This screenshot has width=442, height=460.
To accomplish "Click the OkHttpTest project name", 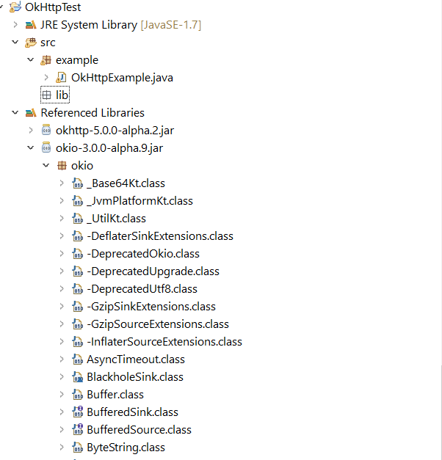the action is point(53,7).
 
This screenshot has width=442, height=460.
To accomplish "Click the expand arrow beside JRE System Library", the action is point(15,25).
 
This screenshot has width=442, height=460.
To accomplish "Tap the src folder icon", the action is point(31,43).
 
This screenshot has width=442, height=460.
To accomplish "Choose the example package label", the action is point(77,60).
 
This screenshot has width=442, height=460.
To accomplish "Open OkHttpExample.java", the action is point(122,78).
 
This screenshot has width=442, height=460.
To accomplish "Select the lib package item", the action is point(62,95).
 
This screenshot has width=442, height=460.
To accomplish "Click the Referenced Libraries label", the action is point(93,113).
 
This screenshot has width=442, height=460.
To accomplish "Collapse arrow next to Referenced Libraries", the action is point(15,113).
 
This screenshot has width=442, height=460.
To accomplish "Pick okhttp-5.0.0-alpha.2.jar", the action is point(115,131).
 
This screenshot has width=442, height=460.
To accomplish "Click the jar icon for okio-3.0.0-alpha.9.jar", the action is point(46,147).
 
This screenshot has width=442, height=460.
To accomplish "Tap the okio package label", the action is point(82,166).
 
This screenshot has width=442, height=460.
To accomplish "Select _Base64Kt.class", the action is point(126,183).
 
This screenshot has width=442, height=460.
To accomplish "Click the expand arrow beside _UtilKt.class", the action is point(62,219).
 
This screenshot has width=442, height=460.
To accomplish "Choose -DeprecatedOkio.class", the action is point(143,254).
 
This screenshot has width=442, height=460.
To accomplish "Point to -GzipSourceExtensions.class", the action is point(158,324).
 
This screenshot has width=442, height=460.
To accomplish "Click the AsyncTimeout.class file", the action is point(136,359).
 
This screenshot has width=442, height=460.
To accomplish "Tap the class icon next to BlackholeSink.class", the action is point(78,377).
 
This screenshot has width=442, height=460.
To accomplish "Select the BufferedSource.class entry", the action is point(139,430).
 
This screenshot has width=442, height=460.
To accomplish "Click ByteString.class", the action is point(126,448).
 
